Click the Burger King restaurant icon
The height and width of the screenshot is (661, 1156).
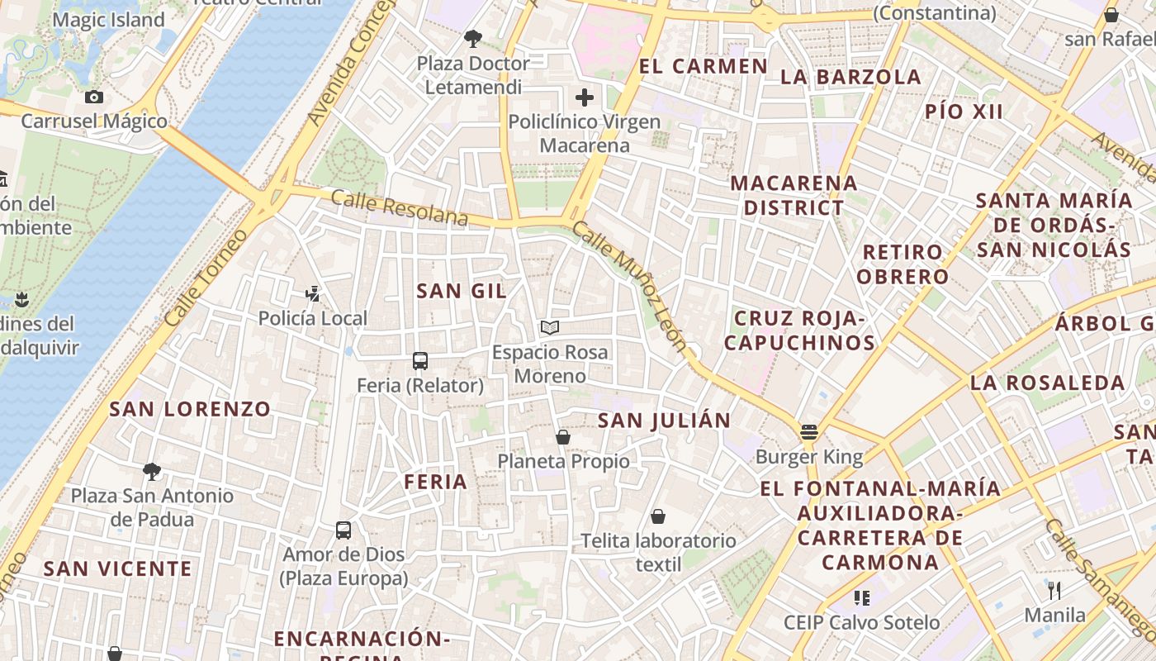pos(808,431)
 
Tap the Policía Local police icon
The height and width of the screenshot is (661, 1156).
pos(312,292)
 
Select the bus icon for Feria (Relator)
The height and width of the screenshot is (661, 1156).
pos(420,360)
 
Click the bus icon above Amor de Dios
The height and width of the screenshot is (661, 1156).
pos(343,530)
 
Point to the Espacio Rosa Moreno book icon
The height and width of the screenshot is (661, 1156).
pos(550,328)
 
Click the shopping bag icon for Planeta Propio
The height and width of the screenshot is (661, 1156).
pos(563,436)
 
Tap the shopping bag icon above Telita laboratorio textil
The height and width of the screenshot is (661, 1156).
pos(658,516)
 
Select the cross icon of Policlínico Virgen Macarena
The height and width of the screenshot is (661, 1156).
pos(585,97)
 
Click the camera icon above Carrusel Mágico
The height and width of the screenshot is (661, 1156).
pos(94,97)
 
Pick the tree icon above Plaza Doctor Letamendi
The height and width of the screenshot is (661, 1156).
pos(473,38)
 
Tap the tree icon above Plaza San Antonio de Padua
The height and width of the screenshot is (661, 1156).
pos(151,472)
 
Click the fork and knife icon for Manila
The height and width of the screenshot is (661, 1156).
pos(1054,590)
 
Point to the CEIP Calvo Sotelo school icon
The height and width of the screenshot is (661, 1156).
pos(862,597)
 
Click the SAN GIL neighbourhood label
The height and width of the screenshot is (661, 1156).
pos(462,291)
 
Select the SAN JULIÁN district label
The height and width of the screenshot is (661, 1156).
pos(664,420)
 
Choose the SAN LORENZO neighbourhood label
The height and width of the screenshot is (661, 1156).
pos(190,409)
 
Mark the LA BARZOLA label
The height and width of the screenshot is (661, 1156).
pos(850,77)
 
